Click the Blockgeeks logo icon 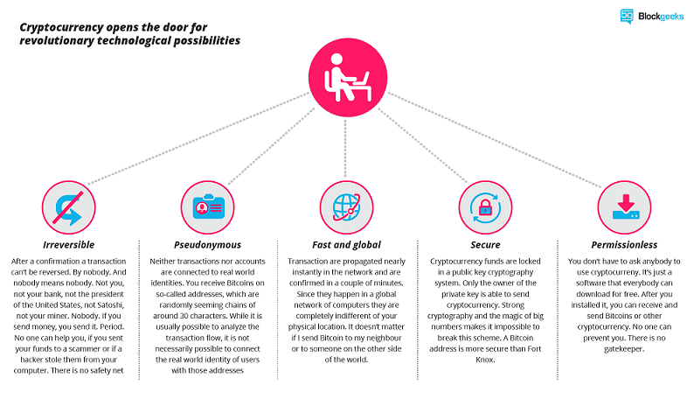[627, 16]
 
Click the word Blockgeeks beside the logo [661, 17]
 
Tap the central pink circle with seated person [348, 78]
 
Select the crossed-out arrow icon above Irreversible [68, 207]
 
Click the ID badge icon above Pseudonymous [207, 207]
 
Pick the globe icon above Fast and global [346, 207]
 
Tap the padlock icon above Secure [485, 207]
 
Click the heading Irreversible [68, 245]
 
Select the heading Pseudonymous [207, 245]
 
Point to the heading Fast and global [346, 245]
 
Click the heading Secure [485, 245]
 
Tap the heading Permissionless [624, 245]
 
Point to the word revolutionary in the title [57, 41]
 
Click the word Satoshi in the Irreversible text [110, 304]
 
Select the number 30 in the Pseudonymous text [184, 316]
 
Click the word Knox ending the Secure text [484, 360]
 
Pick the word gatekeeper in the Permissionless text [624, 349]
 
